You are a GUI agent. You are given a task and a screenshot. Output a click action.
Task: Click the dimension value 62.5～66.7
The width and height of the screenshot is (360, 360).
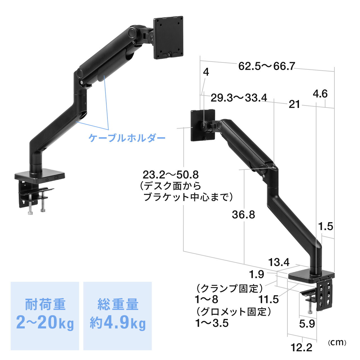(x=267, y=66)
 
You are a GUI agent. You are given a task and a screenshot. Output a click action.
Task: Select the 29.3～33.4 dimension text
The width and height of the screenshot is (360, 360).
(x=239, y=98)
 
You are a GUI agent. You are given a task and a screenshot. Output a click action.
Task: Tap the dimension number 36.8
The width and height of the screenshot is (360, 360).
(x=243, y=215)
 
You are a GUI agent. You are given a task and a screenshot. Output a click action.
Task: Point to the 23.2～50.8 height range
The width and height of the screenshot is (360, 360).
(x=170, y=175)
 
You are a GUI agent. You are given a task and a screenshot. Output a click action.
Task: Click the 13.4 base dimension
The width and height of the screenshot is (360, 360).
(x=278, y=262)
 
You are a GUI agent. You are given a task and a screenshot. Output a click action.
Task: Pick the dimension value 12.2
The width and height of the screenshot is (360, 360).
(x=301, y=347)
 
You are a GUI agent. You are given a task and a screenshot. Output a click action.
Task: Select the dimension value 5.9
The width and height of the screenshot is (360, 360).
(x=307, y=324)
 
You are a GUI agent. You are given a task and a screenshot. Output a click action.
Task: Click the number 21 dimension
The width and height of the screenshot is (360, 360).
(x=294, y=104)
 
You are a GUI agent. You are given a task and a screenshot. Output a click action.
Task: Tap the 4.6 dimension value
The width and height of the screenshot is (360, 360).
(x=320, y=94)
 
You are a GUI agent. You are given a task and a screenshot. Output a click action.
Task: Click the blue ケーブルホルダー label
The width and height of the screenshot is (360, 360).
(x=127, y=138)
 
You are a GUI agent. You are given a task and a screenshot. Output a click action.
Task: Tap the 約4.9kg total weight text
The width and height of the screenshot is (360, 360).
(x=118, y=323)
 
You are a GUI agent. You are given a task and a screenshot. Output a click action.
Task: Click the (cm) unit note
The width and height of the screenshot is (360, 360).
(x=337, y=342)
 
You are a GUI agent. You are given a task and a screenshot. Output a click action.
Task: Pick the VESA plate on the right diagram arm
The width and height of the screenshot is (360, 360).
(x=203, y=125)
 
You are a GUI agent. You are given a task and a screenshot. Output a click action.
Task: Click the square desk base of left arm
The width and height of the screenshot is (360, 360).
(x=40, y=176)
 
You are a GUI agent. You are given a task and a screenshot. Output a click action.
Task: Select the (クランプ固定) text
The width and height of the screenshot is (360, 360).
(x=229, y=288)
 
